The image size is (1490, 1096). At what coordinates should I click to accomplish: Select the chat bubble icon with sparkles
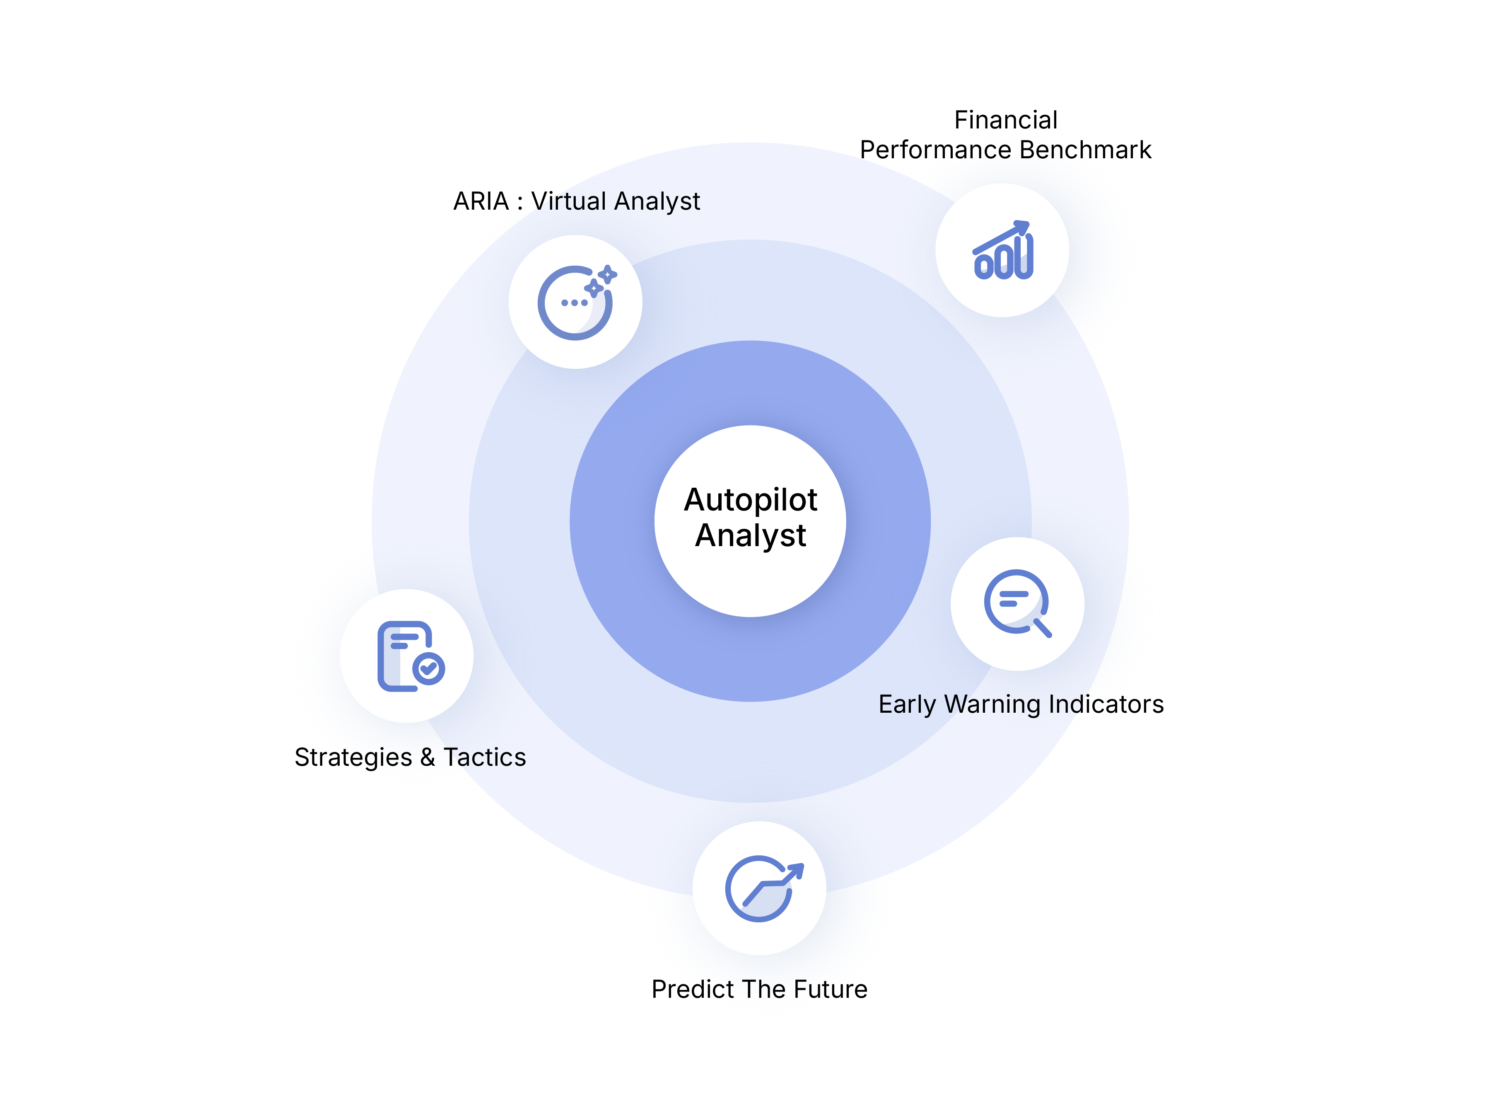coord(575,302)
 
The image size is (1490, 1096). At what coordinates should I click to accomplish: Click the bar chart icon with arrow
coord(1002,251)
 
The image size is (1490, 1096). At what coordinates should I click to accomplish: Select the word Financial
coord(1005,120)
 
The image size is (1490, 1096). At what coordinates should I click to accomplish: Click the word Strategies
coord(353,757)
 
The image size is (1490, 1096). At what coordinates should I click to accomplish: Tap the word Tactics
coord(485,757)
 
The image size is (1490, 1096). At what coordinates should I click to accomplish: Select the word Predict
coord(693,989)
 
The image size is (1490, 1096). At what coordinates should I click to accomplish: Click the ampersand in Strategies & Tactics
coord(428,757)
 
